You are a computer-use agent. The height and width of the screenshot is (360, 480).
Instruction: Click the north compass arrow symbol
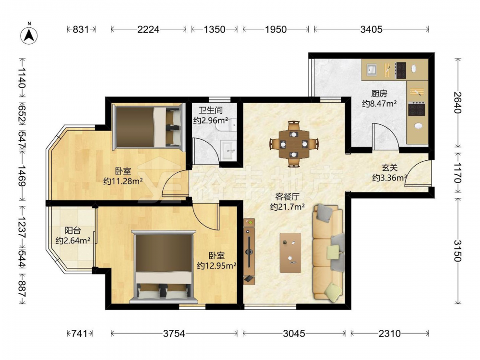[x=29, y=35]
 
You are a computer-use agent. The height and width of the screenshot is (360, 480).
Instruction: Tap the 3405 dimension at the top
[x=372, y=29]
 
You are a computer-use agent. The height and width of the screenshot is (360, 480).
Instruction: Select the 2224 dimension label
[x=148, y=29]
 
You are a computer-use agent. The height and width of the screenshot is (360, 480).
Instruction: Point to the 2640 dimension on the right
[x=457, y=103]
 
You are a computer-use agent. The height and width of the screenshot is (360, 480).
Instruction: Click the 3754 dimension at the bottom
[x=174, y=334]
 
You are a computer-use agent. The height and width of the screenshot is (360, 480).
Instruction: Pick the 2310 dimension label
[x=389, y=334]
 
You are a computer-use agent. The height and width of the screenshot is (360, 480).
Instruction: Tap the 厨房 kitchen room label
[x=379, y=93]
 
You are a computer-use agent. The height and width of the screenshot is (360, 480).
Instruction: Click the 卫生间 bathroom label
[x=210, y=110]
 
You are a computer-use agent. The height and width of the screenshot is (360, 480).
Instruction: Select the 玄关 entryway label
[x=389, y=168]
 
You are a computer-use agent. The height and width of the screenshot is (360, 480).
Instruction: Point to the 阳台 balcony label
[x=72, y=230]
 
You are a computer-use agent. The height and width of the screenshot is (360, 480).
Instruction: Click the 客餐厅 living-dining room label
[x=287, y=196]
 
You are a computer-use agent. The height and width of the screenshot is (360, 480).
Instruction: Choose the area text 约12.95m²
[x=216, y=265]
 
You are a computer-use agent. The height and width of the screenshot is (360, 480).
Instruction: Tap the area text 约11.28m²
[x=123, y=181]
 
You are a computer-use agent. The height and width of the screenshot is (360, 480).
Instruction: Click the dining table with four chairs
[x=294, y=144]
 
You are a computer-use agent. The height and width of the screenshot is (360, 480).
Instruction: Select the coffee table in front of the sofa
[x=290, y=253]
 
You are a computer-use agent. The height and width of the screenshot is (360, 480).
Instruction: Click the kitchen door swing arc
[x=386, y=136]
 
